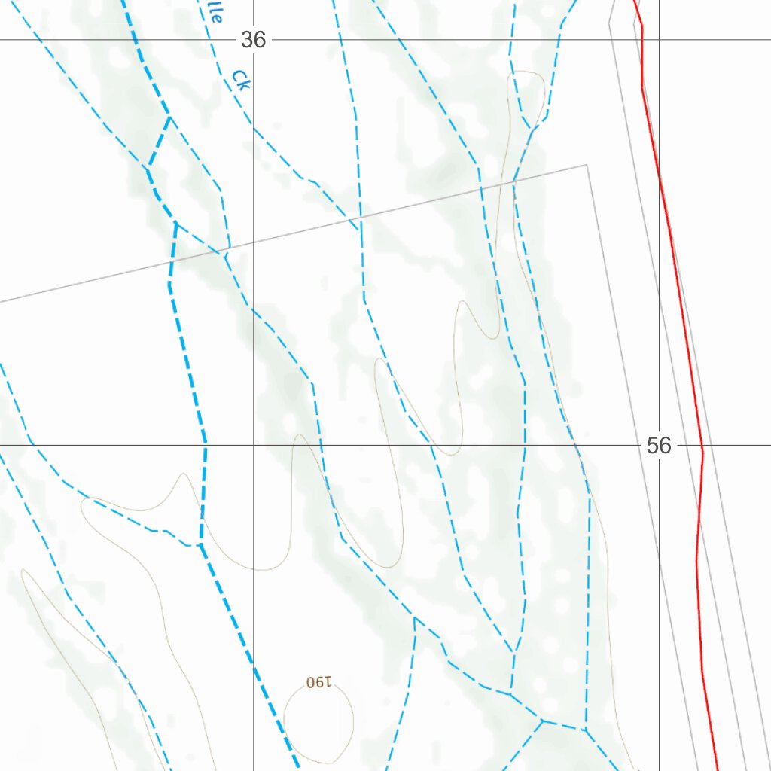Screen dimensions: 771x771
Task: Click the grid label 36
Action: [x=254, y=40]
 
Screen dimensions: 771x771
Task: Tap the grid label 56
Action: [x=658, y=446]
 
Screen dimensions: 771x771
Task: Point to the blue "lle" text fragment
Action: [x=215, y=13]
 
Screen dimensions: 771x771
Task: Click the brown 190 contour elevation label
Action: [x=319, y=682]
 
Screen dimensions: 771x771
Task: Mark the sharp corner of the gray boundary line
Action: [x=587, y=165]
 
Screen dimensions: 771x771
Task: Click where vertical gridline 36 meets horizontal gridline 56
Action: [x=254, y=445]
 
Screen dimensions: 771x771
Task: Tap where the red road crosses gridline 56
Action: [x=702, y=445]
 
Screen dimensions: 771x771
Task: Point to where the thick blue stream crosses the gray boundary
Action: [x=172, y=261]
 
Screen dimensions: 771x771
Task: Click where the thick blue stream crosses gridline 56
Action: [x=205, y=445]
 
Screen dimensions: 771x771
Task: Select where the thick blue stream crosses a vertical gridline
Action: [x=254, y=667]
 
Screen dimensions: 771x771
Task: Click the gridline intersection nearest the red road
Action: [x=660, y=445]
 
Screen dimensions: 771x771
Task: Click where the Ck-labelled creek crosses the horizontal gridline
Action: [x=209, y=40]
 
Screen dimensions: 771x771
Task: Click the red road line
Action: [x=681, y=301]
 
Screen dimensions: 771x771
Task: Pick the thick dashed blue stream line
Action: [x=188, y=361]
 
